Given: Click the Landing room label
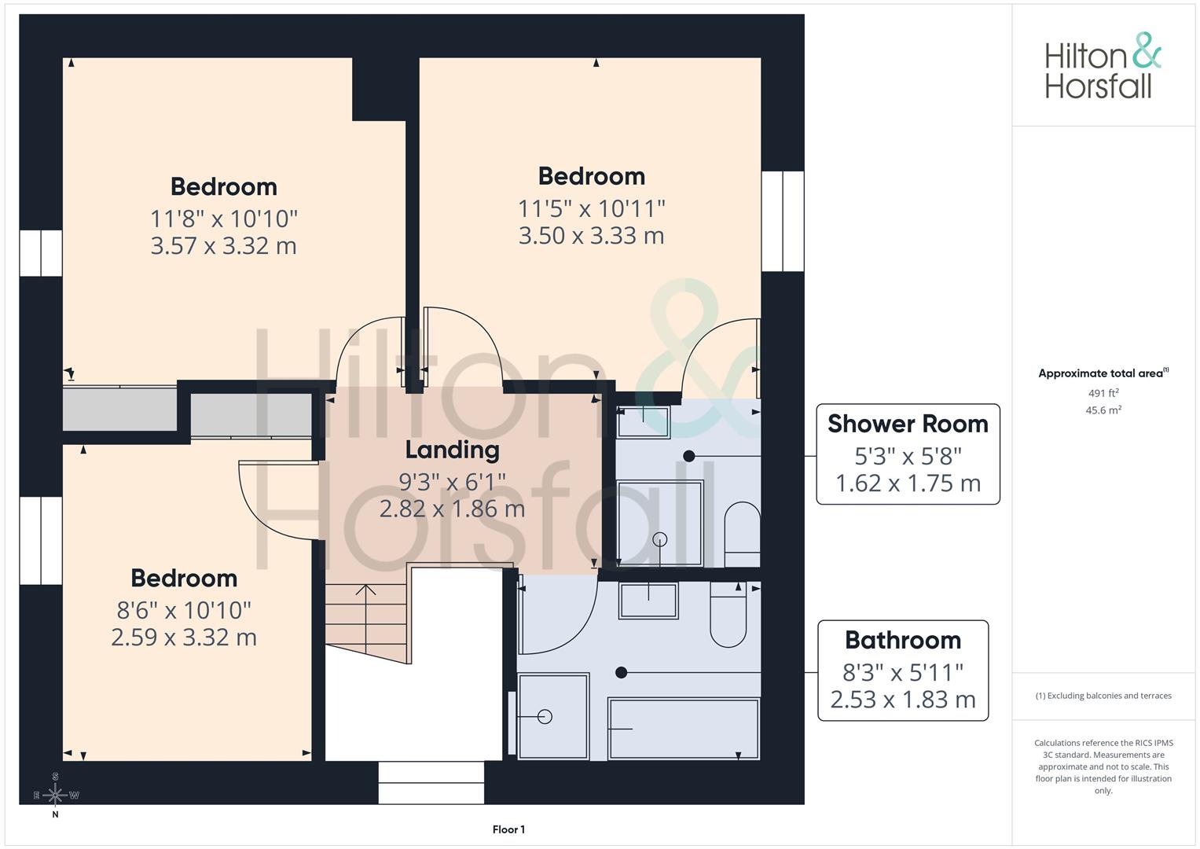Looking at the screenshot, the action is click(452, 450).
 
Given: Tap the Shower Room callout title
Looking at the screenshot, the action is click(908, 424).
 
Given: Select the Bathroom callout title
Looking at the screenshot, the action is click(903, 641).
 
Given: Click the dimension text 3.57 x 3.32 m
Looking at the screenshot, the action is click(223, 246).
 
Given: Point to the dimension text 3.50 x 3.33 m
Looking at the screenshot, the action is click(592, 236).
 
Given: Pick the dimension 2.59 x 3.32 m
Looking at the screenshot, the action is click(184, 638).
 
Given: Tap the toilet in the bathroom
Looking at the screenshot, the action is click(728, 615).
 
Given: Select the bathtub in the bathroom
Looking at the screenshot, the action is click(684, 729).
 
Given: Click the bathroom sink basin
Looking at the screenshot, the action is click(649, 601).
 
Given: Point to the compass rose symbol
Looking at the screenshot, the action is click(55, 795).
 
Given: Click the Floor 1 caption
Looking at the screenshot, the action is click(508, 829).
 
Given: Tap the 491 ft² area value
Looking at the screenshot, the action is click(1103, 393).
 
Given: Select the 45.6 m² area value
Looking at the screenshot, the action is click(1103, 410).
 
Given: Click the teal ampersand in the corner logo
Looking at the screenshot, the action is click(1147, 50).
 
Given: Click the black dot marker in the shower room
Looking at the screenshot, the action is click(689, 456).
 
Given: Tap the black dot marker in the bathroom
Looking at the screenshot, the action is click(622, 672).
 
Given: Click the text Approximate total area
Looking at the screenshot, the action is click(1101, 373).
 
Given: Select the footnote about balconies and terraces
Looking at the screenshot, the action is click(1103, 696).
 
